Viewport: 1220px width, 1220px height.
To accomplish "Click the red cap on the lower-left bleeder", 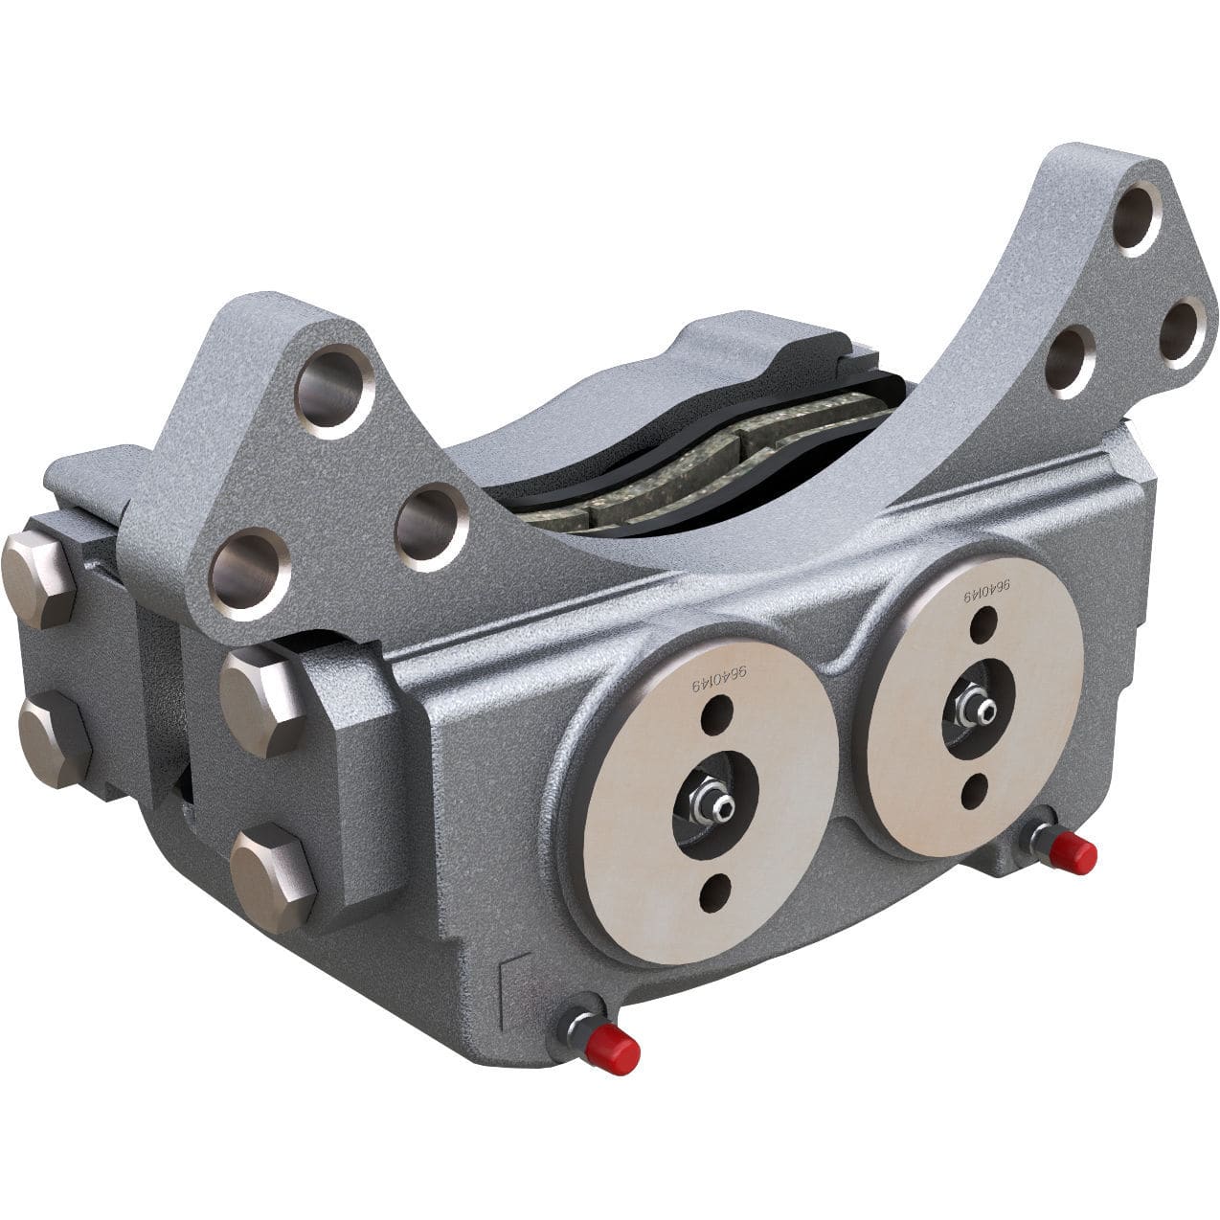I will coord(614,1051).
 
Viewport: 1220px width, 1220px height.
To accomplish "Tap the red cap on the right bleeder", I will coord(1074,853).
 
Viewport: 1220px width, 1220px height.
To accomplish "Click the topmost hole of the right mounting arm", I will coord(1138,217).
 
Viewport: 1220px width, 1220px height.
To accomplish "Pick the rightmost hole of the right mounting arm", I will coord(1183,332).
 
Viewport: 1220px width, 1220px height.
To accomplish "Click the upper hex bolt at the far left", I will coord(38,578).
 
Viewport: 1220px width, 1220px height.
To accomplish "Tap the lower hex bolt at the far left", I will coord(55,739).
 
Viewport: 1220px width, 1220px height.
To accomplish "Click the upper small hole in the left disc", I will coord(716,713).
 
